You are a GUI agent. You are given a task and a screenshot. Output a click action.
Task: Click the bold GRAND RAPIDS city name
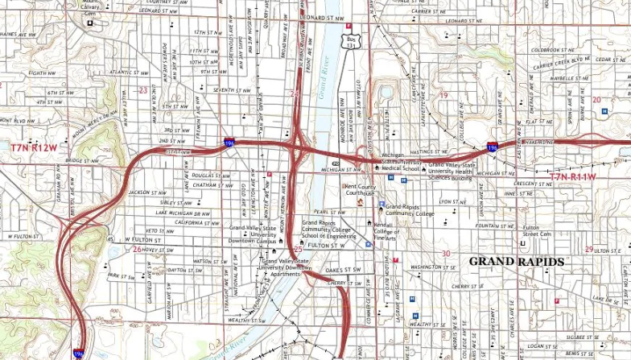pos(516,262)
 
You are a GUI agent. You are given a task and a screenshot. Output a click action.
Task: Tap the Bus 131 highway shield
pos(350,41)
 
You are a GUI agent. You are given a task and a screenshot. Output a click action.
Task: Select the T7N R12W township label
pos(34,148)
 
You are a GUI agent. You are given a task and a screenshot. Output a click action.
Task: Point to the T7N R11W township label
pos(572,176)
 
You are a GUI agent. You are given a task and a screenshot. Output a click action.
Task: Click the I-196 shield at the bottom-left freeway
pos(78,353)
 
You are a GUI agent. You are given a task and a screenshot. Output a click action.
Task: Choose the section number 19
pos(442,95)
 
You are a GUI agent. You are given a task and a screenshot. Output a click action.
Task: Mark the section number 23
pos(142,91)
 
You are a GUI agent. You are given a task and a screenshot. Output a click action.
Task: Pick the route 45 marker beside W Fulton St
pos(109,239)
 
